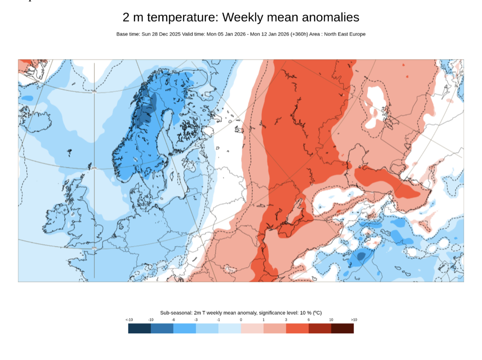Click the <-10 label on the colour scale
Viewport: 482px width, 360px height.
(129, 320)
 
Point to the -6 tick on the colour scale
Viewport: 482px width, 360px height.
(173, 320)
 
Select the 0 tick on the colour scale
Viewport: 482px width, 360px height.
(241, 320)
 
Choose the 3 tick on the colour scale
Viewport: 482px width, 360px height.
(286, 320)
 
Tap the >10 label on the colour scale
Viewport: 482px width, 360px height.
(354, 320)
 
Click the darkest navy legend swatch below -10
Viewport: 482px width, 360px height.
(140, 328)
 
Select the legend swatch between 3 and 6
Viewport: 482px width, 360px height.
(297, 328)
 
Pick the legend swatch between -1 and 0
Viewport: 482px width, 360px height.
(229, 328)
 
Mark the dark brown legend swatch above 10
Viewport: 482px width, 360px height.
(342, 328)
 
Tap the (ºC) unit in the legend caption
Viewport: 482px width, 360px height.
(317, 313)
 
